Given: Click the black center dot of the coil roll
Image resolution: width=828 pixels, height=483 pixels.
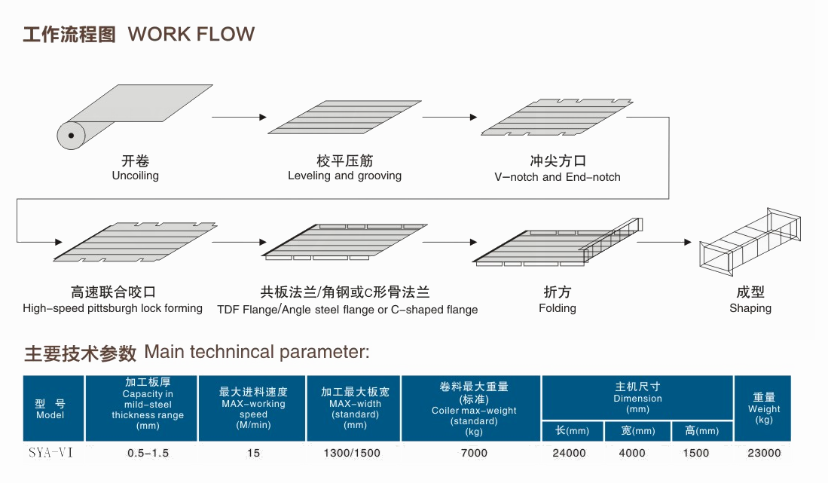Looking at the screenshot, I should point(71,136).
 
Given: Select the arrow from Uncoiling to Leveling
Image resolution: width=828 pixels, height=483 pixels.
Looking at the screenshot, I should point(239,117).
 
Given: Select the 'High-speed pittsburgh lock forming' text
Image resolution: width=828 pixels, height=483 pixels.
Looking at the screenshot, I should point(113,308).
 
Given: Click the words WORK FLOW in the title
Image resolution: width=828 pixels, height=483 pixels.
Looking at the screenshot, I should point(191,35).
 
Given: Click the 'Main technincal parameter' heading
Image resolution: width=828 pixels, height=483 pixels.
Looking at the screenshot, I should point(257,353).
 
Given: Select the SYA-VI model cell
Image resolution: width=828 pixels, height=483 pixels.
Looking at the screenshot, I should point(50,453).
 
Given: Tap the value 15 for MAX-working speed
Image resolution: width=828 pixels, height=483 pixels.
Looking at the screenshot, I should point(253,453).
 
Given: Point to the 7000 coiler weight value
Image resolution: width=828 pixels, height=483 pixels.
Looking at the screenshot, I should point(473,453).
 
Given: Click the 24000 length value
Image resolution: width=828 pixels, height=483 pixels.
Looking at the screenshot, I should point(569,453).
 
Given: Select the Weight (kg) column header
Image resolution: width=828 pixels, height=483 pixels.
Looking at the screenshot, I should point(764,408).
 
